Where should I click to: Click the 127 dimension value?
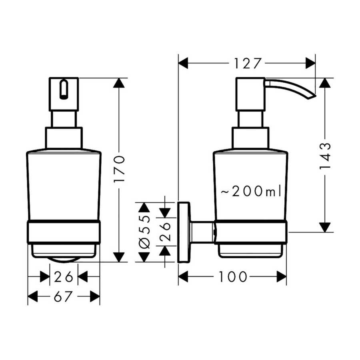[248, 63]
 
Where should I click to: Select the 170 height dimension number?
[119, 169]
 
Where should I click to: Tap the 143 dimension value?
[325, 156]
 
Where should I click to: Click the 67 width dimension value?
[63, 296]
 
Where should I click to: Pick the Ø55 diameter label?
[144, 232]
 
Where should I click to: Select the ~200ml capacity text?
[251, 191]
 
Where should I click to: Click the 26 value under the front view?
[64, 277]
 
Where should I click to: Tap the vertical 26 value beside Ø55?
[165, 232]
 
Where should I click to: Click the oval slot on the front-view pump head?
[64, 89]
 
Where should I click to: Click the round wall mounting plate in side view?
[184, 232]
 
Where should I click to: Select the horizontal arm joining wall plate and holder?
[202, 232]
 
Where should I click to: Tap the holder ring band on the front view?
[64, 232]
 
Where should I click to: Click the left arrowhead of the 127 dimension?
[183, 63]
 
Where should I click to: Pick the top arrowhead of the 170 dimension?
[119, 83]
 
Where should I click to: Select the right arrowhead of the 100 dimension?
[282, 277]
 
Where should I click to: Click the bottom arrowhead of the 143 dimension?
[325, 227]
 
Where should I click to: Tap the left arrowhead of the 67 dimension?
[32, 296]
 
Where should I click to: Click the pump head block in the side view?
[250, 94]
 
